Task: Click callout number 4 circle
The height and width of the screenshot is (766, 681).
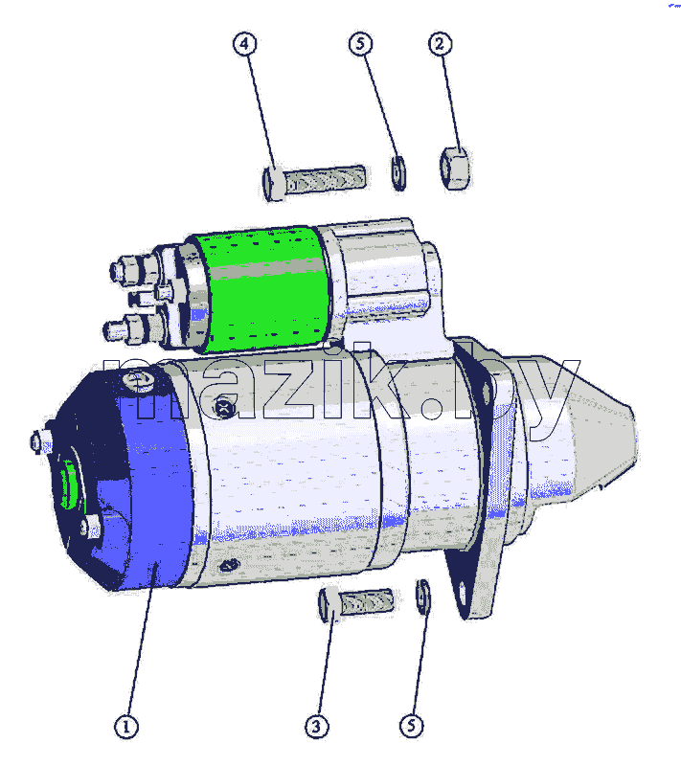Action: coord(244,44)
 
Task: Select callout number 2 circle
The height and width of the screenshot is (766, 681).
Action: coord(441,43)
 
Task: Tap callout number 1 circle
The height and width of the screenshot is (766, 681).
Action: coord(126,727)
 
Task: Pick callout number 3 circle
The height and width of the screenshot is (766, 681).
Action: coord(317,727)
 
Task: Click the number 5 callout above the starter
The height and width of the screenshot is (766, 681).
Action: coord(360,43)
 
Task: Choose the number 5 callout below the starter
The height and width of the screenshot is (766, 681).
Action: coord(412,726)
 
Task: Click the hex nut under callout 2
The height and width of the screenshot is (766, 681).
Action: coord(455,169)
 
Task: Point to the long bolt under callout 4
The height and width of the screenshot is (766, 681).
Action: coord(314,181)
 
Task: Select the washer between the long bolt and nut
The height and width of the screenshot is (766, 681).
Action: coord(398,173)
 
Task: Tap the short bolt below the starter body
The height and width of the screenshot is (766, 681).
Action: coord(355,603)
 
